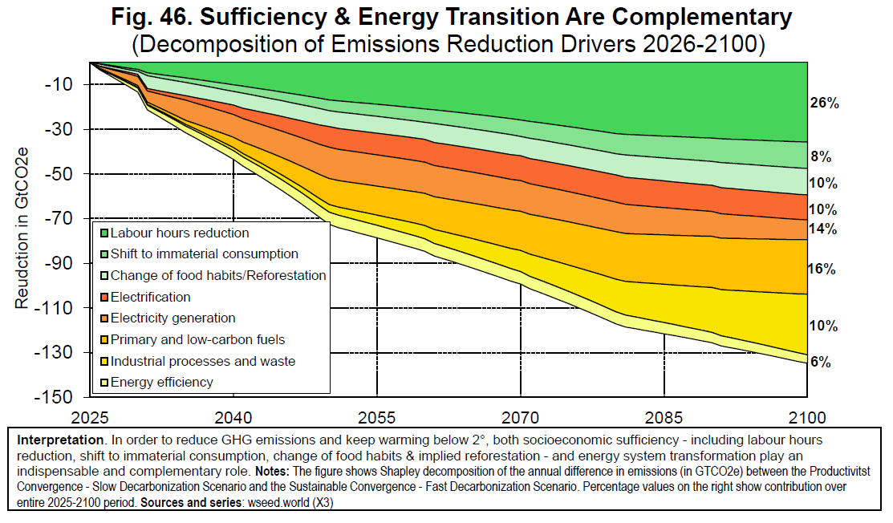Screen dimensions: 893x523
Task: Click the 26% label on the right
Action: click(824, 103)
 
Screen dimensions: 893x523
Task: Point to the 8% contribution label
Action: click(821, 156)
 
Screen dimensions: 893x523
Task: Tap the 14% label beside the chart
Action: click(822, 229)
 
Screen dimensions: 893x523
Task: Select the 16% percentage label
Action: click(822, 269)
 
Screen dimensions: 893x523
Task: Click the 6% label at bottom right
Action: click(820, 362)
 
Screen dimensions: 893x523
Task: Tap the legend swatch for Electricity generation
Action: click(104, 318)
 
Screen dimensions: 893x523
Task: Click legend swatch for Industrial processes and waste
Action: click(104, 362)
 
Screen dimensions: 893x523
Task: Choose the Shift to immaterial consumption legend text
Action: click(205, 253)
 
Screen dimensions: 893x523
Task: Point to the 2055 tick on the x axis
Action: click(376, 418)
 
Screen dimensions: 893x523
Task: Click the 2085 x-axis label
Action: click(664, 418)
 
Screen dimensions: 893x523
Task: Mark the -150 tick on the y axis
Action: click(54, 396)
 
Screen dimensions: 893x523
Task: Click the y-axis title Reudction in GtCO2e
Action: click(22, 228)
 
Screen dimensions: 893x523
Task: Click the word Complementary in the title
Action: click(702, 18)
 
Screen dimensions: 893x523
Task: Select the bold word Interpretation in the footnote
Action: click(60, 440)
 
